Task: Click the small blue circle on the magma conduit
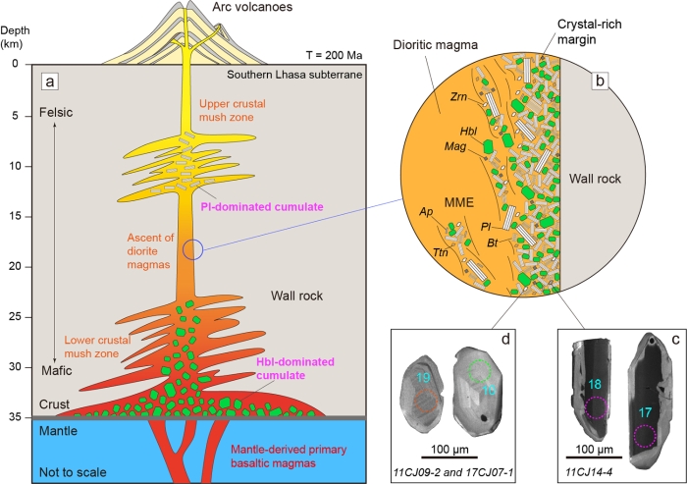pos(193,249)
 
